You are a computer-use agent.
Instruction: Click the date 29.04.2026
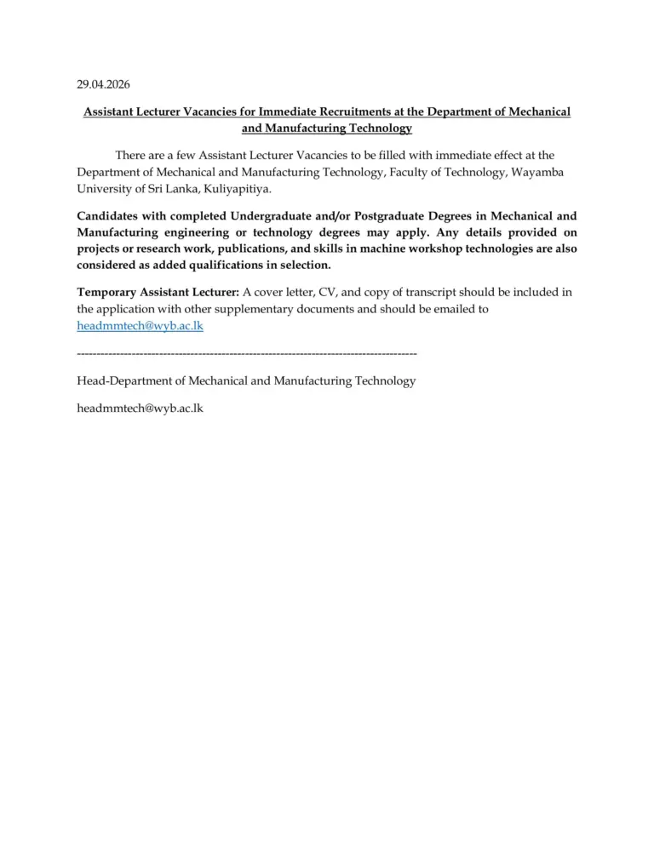[x=103, y=83]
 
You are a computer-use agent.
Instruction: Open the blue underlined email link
[x=140, y=325]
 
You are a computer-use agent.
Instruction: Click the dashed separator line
[x=246, y=352]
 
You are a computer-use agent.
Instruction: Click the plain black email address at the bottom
[x=140, y=408]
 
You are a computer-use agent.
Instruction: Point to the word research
[x=151, y=249]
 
